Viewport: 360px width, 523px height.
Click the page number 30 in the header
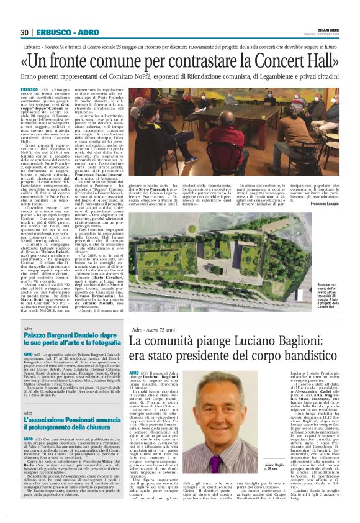[x=25, y=32]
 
